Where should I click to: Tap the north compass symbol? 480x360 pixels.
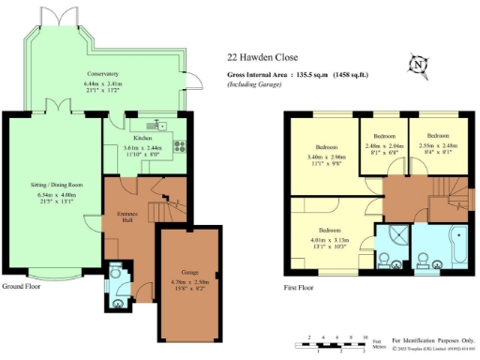418,65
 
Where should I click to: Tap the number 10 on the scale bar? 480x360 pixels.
364,336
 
